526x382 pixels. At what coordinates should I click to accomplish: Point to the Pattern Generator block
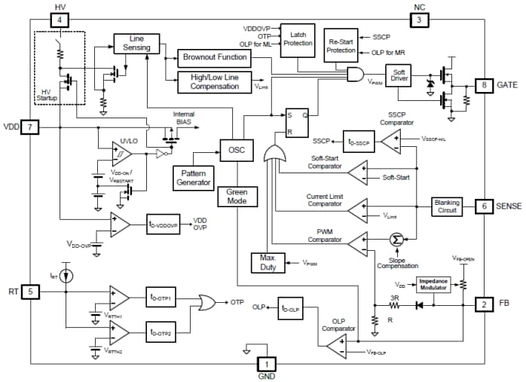pyautogui.click(x=193, y=178)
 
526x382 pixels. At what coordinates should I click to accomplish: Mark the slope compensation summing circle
pyautogui.click(x=393, y=240)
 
